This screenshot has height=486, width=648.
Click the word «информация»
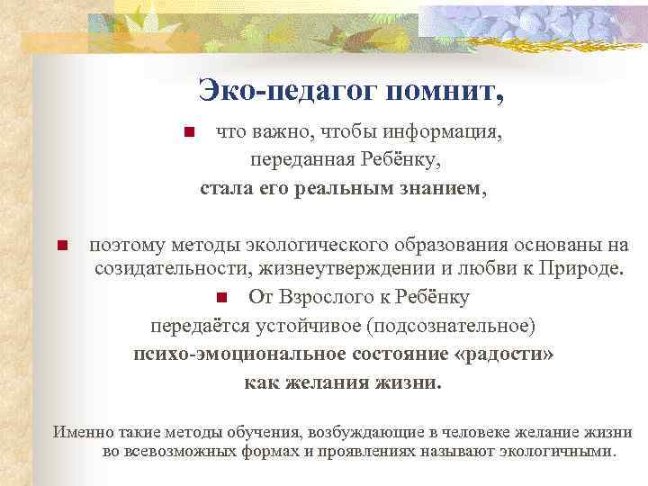click(442, 133)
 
